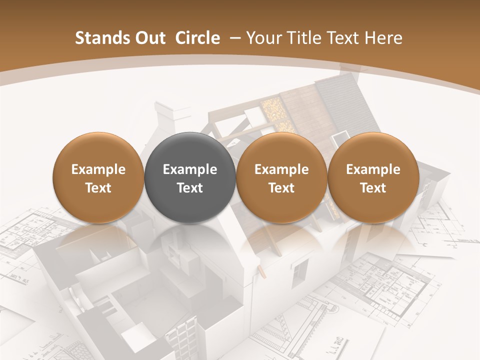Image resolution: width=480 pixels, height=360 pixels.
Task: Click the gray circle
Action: (x=190, y=177)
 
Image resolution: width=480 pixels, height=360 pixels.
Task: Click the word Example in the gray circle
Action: (x=190, y=169)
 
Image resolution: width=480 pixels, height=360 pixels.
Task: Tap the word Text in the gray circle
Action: (x=190, y=188)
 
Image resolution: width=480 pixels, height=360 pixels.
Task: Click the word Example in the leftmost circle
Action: (x=98, y=169)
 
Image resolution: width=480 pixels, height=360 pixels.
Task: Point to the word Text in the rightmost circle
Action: (x=373, y=188)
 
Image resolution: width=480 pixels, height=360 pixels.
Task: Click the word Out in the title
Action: (x=149, y=38)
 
